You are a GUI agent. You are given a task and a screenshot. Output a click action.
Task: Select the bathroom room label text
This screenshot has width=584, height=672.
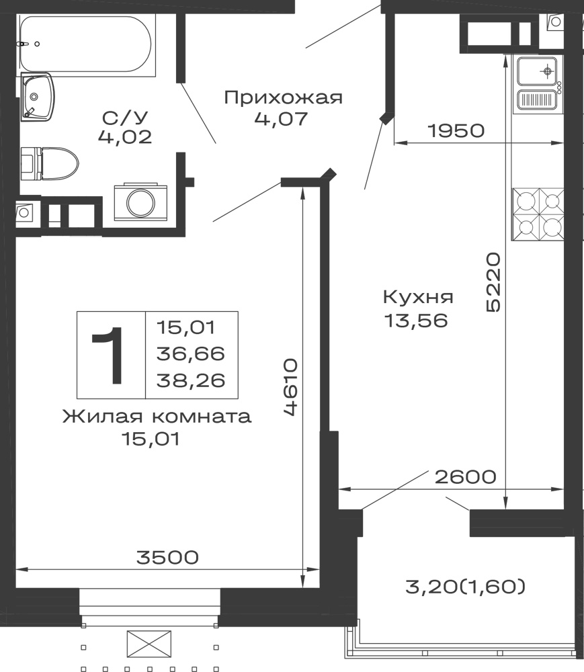(x=126, y=115)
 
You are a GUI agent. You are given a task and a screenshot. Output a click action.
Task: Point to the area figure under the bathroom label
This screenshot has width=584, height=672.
(x=126, y=137)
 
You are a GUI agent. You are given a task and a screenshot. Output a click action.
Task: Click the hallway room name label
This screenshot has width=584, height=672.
(x=282, y=97)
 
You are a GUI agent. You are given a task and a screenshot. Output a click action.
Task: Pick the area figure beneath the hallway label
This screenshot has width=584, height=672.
(x=280, y=121)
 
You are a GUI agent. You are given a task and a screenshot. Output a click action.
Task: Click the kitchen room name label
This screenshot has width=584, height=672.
(x=419, y=296)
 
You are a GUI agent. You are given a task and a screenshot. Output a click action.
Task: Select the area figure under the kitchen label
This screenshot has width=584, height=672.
(x=417, y=319)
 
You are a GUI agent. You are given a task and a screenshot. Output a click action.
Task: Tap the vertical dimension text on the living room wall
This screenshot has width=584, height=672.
(x=291, y=386)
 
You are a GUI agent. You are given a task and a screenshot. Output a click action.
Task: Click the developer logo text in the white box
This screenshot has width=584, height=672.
(x=464, y=586)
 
